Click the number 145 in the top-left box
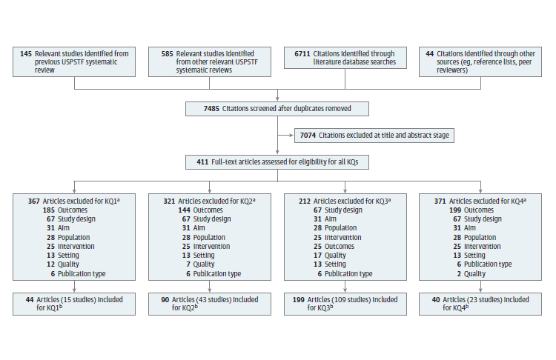click(x=26, y=53)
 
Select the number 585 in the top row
click(x=161, y=53)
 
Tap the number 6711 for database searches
click(x=302, y=53)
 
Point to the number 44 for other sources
click(x=429, y=53)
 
